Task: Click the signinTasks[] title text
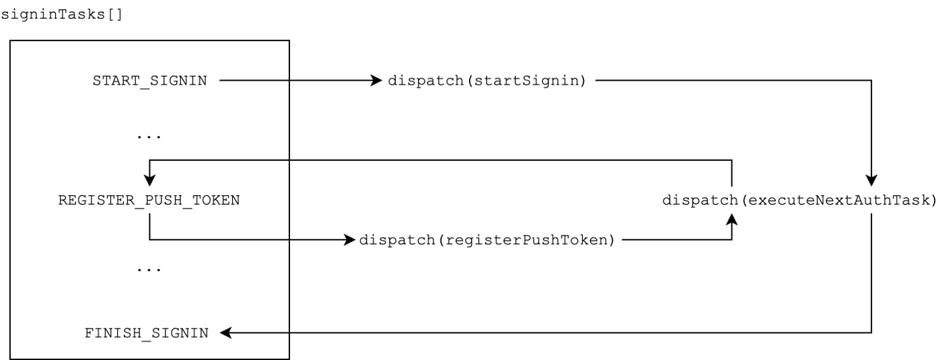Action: (x=62, y=13)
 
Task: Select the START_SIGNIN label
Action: (x=149, y=81)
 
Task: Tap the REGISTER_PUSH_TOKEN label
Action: (x=149, y=201)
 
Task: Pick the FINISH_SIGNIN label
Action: (x=147, y=333)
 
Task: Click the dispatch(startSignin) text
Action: (x=487, y=81)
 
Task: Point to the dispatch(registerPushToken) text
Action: (x=487, y=240)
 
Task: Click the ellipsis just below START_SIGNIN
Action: (x=149, y=136)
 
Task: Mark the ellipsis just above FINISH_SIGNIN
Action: (x=149, y=268)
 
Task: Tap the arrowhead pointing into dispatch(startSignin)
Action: (x=377, y=81)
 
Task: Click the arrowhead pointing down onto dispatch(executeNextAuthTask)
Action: (x=871, y=181)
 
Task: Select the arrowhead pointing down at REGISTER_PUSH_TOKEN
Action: (x=149, y=181)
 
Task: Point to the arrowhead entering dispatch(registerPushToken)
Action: (x=349, y=240)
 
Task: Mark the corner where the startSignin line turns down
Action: (x=871, y=81)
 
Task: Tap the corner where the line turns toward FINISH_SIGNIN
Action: (x=871, y=333)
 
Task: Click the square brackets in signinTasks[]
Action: (x=116, y=13)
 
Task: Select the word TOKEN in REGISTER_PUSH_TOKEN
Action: (x=220, y=201)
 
